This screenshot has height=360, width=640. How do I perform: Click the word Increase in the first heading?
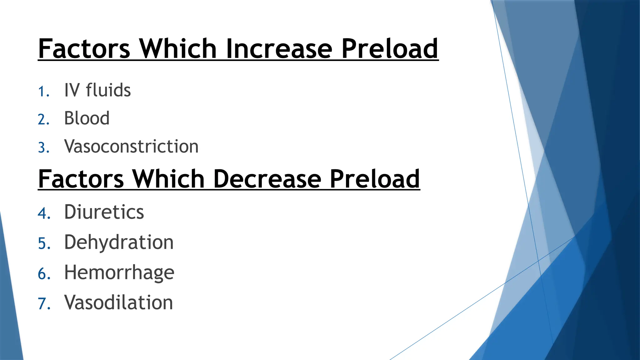pyautogui.click(x=279, y=49)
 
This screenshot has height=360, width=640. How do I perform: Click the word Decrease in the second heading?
pyautogui.click(x=267, y=179)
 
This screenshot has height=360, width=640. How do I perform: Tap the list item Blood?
pyautogui.click(x=87, y=118)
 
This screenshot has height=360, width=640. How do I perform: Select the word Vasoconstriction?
pyautogui.click(x=131, y=147)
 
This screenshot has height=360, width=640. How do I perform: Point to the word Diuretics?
pyautogui.click(x=104, y=212)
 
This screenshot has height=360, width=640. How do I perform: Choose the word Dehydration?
pyautogui.click(x=119, y=242)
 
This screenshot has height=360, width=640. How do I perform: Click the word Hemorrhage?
pyautogui.click(x=119, y=272)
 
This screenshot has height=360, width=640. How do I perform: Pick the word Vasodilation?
pyautogui.click(x=118, y=302)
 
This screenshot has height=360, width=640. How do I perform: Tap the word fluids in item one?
pyautogui.click(x=108, y=90)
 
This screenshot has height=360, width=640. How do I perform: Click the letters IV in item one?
pyautogui.click(x=72, y=90)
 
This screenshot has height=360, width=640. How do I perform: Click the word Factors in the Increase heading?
pyautogui.click(x=84, y=49)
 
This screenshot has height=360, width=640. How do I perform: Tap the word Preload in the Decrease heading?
pyautogui.click(x=375, y=179)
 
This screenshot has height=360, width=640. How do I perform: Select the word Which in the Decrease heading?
pyautogui.click(x=168, y=179)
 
